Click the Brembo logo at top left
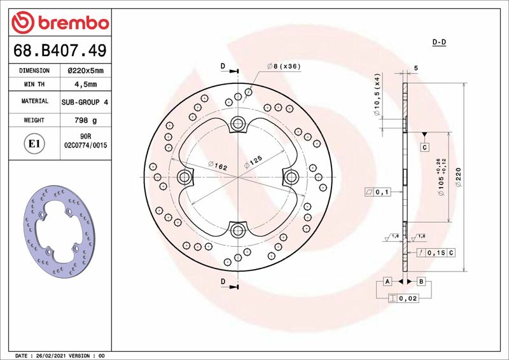coord(60,22)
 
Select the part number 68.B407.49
coord(60,50)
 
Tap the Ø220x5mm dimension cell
coord(86,71)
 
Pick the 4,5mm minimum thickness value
coord(86,85)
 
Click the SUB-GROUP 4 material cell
coord(85,102)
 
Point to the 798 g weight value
coord(86,120)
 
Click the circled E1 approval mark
coord(34,144)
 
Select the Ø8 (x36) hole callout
coord(284,66)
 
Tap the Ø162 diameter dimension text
coord(218,165)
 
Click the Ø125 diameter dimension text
coord(253,162)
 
